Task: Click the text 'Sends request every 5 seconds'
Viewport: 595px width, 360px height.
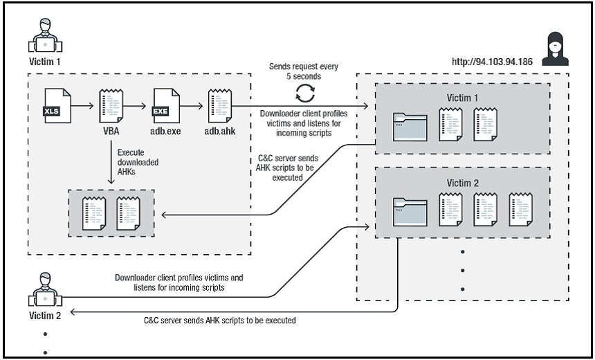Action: (304, 71)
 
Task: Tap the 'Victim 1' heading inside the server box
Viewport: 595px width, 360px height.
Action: (463, 97)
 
